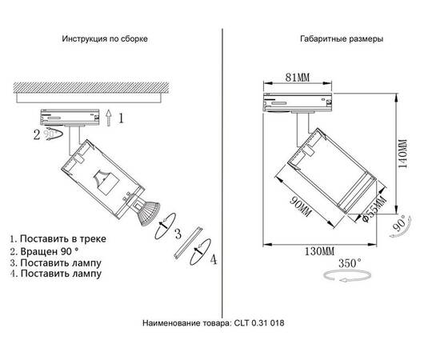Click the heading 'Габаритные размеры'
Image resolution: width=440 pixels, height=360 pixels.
click(x=341, y=38)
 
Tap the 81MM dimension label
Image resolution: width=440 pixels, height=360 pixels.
click(x=298, y=77)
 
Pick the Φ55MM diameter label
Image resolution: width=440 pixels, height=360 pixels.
click(x=374, y=208)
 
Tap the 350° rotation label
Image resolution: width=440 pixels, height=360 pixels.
click(x=350, y=262)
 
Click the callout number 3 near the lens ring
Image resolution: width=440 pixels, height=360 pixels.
click(x=178, y=233)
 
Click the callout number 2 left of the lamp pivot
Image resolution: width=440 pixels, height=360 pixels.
click(x=37, y=136)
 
